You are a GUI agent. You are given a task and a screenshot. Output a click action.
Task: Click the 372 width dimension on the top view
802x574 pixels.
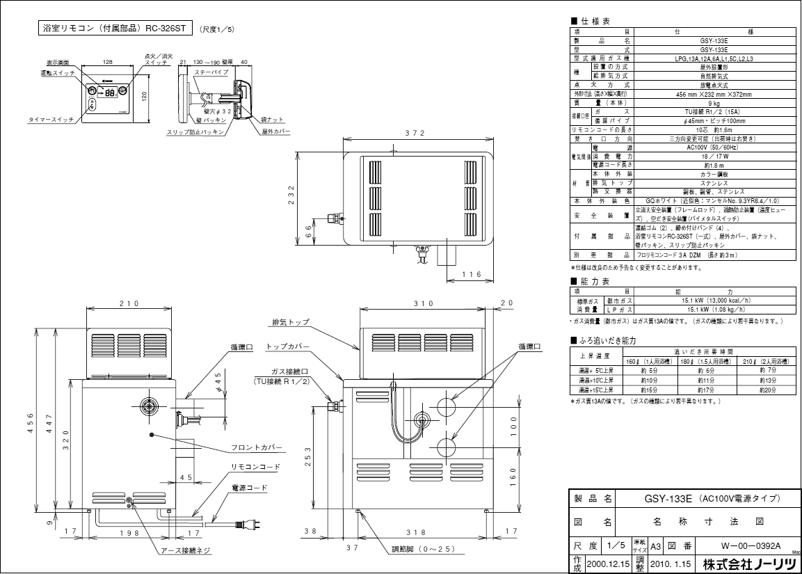[417, 133]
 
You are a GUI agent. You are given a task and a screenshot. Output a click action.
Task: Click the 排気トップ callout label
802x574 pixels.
[291, 323]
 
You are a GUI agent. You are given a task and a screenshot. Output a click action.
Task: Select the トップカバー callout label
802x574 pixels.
[301, 346]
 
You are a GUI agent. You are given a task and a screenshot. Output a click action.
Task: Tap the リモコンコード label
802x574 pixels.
[255, 466]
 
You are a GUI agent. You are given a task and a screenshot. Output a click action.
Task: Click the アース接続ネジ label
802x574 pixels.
[185, 550]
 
